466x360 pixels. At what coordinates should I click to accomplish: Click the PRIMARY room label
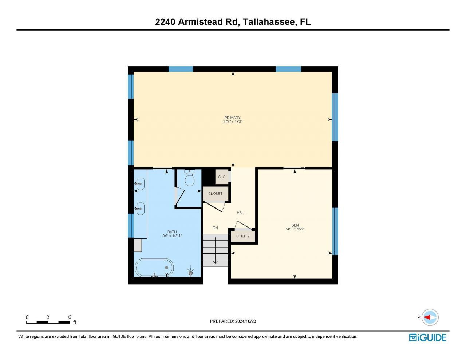[232, 118]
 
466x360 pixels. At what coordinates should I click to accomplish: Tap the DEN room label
[295, 225]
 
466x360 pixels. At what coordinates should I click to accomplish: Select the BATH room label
[172, 232]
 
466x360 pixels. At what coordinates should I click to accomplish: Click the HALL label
[241, 213]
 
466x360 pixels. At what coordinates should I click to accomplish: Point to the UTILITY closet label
[243, 236]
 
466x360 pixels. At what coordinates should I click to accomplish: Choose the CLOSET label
[215, 194]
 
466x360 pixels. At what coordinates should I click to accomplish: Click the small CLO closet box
[222, 177]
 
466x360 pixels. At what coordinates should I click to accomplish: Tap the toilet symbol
[189, 178]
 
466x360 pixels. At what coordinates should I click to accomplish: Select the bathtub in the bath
[154, 268]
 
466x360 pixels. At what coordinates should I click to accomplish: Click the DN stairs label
[215, 228]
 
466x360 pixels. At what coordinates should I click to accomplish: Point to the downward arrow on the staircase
[215, 255]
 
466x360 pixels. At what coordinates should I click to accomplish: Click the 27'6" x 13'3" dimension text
[232, 122]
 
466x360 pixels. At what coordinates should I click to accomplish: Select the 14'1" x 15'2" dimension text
[295, 229]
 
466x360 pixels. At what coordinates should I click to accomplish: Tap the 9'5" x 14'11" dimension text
[172, 236]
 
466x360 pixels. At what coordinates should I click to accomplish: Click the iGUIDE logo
[427, 337]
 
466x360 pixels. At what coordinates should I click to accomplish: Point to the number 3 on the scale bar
[48, 317]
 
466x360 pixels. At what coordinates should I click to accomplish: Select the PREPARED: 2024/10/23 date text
[233, 321]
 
